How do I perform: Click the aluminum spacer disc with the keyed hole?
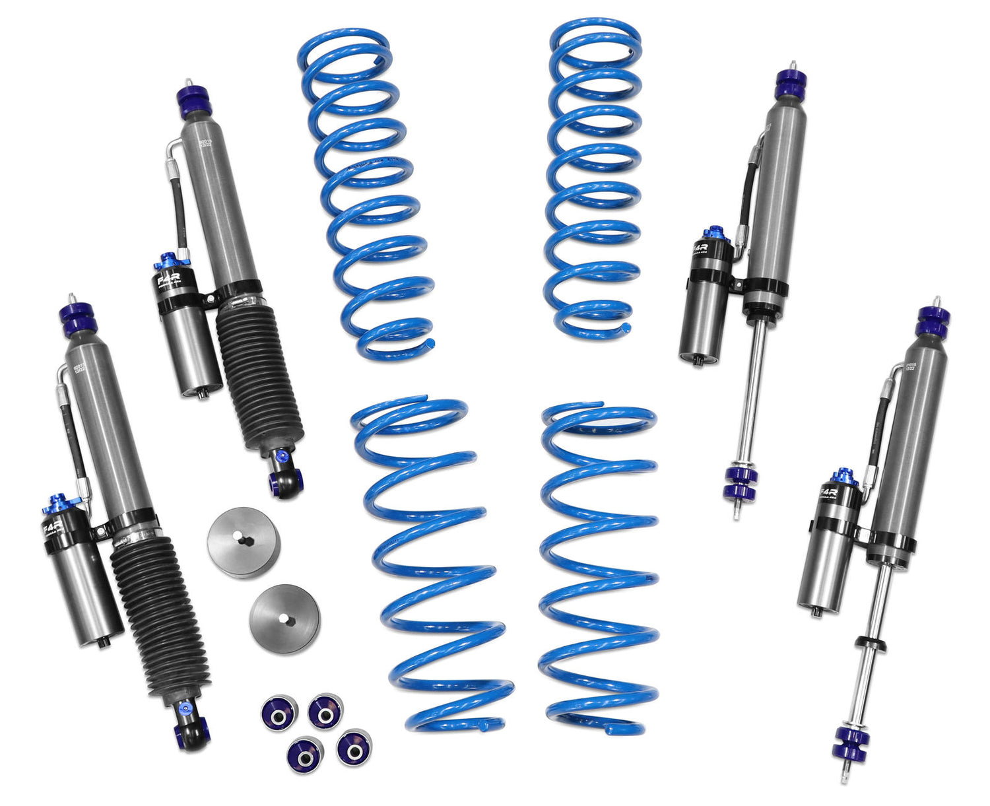(244, 542)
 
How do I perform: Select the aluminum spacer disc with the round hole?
(284, 618)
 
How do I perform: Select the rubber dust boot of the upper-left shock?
(261, 376)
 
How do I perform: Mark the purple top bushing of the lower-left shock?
(79, 319)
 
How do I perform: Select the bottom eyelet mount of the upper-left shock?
(288, 479)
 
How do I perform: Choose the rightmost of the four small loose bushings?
(354, 747)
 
